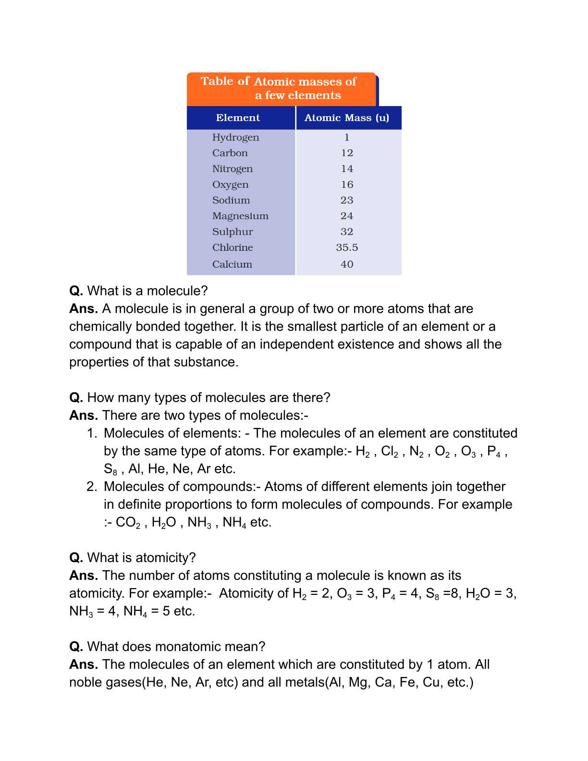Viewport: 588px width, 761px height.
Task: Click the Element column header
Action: click(x=238, y=118)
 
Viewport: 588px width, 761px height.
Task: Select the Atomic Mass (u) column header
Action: click(x=347, y=118)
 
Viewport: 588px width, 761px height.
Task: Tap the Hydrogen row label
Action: click(x=235, y=137)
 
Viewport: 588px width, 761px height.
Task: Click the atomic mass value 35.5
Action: click(x=347, y=247)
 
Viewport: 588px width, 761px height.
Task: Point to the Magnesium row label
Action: click(x=240, y=216)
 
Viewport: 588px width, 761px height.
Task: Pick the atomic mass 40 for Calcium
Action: click(x=347, y=264)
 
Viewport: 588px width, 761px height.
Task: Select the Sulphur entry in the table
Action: click(x=233, y=232)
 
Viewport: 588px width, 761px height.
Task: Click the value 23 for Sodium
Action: click(x=347, y=200)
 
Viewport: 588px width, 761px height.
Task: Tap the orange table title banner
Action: click(x=281, y=88)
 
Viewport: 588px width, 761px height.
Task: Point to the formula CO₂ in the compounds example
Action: click(x=128, y=523)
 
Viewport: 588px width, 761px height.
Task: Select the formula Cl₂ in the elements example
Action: click(x=389, y=452)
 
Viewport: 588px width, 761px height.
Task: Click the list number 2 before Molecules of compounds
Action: click(x=92, y=487)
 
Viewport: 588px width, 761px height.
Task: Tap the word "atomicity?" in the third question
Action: click(x=166, y=558)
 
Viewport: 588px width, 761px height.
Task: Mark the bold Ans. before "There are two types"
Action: click(x=84, y=416)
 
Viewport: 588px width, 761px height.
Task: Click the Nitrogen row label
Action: click(x=233, y=169)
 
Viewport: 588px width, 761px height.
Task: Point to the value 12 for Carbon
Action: click(x=347, y=153)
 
